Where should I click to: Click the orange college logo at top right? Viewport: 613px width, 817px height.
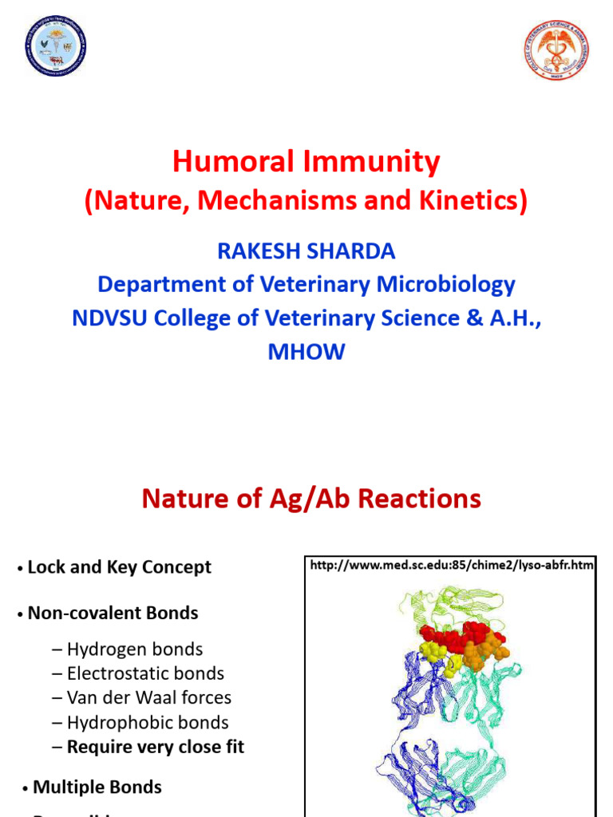click(556, 50)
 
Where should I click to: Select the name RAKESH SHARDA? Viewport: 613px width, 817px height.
click(306, 251)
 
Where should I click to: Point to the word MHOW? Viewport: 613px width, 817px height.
click(306, 352)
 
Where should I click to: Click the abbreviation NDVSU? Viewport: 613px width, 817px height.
click(110, 318)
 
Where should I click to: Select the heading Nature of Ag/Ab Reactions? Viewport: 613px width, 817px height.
click(311, 499)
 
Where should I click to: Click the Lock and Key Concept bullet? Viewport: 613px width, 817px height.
click(119, 567)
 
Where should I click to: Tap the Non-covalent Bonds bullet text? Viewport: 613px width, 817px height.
click(113, 613)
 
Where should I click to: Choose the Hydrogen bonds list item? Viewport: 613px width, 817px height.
click(134, 649)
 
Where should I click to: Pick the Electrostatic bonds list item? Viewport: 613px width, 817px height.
click(144, 673)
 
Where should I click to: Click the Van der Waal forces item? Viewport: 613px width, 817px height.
click(148, 697)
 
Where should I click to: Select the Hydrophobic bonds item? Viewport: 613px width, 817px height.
click(147, 722)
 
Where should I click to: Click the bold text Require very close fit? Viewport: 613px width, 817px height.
click(155, 747)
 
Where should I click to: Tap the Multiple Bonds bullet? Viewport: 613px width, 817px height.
click(97, 787)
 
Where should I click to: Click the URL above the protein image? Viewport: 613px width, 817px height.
click(452, 566)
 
